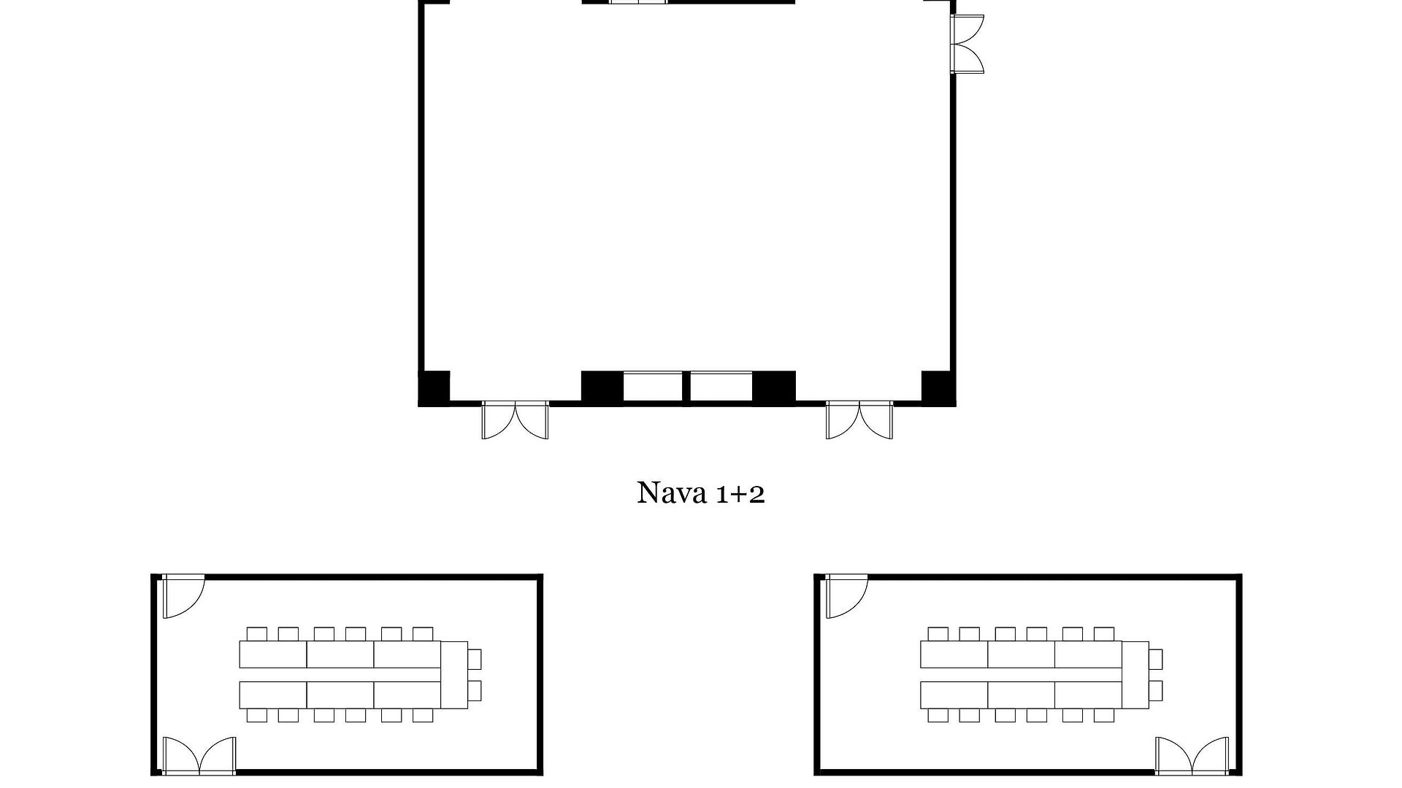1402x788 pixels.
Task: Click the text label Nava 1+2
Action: (x=701, y=493)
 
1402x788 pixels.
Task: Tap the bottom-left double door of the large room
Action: (x=515, y=420)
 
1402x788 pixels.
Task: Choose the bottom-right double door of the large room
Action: (x=859, y=420)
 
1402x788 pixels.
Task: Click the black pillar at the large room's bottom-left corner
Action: (x=434, y=387)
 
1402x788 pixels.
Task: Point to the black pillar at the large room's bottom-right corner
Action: (x=938, y=387)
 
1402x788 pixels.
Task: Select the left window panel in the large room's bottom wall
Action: (x=653, y=386)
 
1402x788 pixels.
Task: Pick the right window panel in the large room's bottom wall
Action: (x=721, y=386)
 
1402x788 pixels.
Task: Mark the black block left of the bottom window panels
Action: (x=602, y=386)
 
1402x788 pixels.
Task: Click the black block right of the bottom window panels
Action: (x=774, y=386)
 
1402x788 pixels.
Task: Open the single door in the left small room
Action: (x=183, y=596)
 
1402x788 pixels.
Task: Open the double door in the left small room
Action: (x=199, y=755)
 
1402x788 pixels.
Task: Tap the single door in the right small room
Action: (x=847, y=596)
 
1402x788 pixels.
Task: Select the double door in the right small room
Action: (x=1192, y=755)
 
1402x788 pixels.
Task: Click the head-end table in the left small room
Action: (x=455, y=675)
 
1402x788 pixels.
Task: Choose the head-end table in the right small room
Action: (x=1135, y=675)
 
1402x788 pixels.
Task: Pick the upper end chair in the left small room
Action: (x=475, y=660)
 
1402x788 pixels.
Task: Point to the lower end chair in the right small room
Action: (x=1156, y=691)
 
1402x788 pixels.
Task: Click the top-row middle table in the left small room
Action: (x=340, y=654)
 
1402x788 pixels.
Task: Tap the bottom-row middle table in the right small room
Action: (x=1022, y=695)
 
